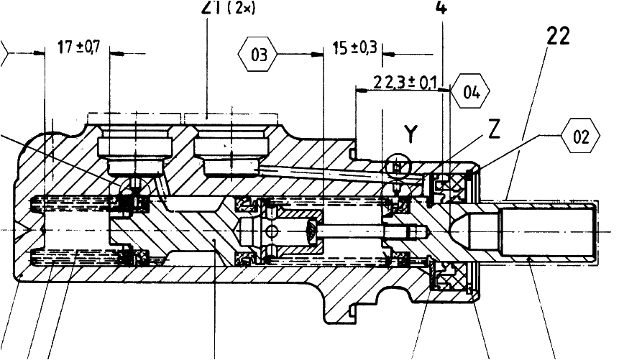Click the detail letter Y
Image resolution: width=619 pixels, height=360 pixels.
(x=410, y=133)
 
